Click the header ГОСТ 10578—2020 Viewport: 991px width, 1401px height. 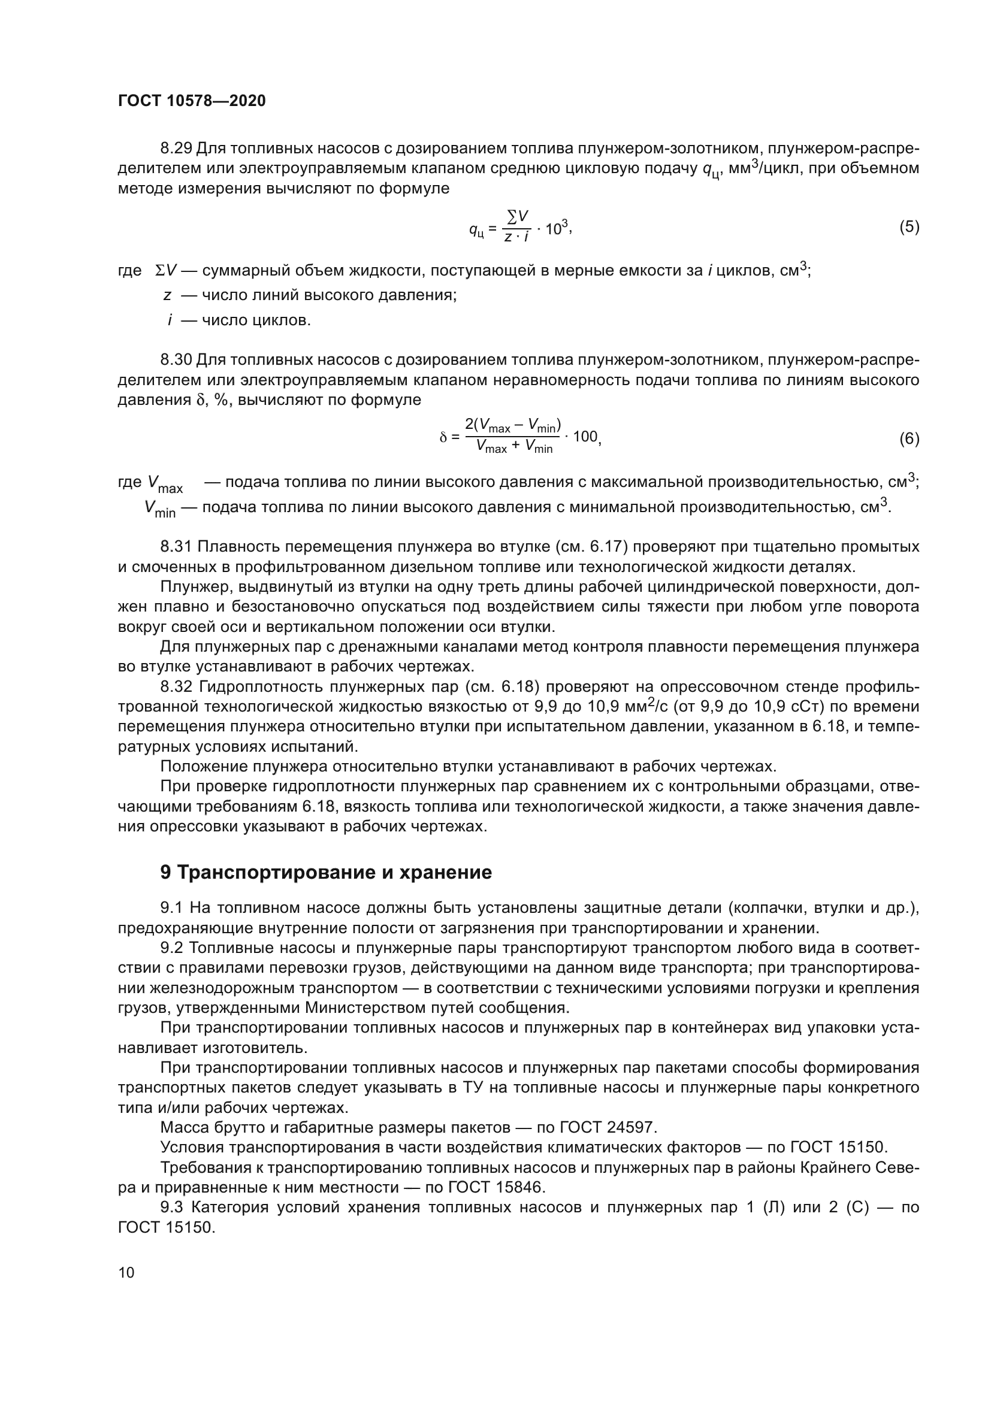[192, 101]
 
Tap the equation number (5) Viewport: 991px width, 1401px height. [909, 227]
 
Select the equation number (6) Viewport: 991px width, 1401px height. [909, 438]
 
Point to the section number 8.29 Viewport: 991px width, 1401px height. [176, 149]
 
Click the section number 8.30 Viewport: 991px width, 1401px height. [176, 360]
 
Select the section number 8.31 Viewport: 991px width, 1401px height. [176, 547]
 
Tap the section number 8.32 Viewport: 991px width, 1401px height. [176, 687]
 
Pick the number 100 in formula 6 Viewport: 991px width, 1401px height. [586, 437]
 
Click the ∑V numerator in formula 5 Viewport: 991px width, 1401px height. [518, 216]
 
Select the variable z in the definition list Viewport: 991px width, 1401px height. [167, 296]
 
